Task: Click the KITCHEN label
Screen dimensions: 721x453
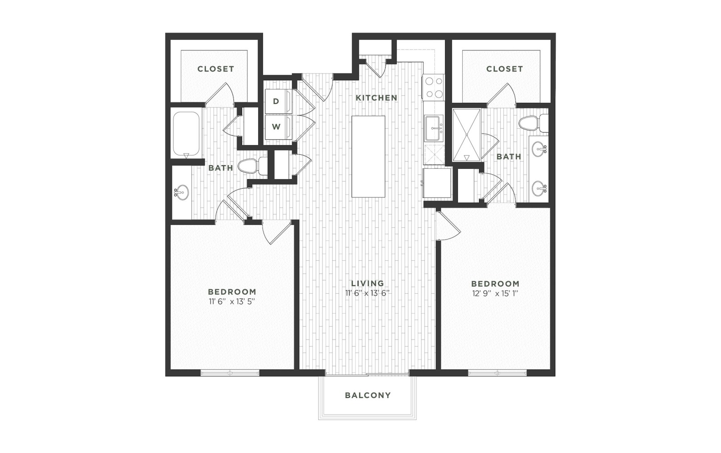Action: click(376, 97)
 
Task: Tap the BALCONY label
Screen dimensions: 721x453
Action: click(368, 395)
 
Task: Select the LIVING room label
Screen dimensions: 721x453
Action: click(368, 283)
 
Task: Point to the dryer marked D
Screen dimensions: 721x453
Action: click(278, 101)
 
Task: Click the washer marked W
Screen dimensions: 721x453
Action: click(278, 127)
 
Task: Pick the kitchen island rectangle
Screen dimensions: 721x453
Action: click(368, 157)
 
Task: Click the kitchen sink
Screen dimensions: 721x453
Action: click(434, 128)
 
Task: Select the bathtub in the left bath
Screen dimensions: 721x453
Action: click(187, 134)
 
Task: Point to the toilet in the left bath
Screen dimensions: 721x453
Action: click(253, 166)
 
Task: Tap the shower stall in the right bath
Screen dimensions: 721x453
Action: click(466, 134)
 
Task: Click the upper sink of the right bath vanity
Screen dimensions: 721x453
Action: click(539, 149)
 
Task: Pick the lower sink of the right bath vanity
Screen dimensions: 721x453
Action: click(539, 188)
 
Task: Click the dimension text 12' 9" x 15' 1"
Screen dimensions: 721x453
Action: click(495, 294)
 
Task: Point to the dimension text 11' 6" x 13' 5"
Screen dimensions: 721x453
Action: click(232, 302)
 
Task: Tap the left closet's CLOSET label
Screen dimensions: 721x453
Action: click(216, 69)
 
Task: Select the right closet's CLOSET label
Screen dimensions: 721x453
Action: click(504, 69)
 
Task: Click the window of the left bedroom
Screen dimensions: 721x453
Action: click(230, 373)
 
